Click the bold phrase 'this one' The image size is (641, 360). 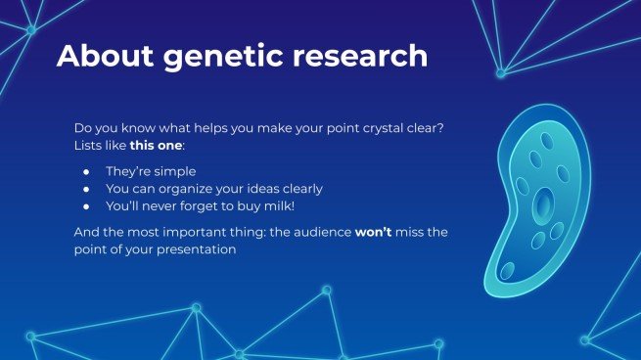coord(156,146)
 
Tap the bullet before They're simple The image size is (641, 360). coord(86,171)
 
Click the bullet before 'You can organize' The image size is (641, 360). coord(86,189)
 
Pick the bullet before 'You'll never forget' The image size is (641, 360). coord(86,206)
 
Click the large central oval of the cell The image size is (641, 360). coord(543,206)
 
